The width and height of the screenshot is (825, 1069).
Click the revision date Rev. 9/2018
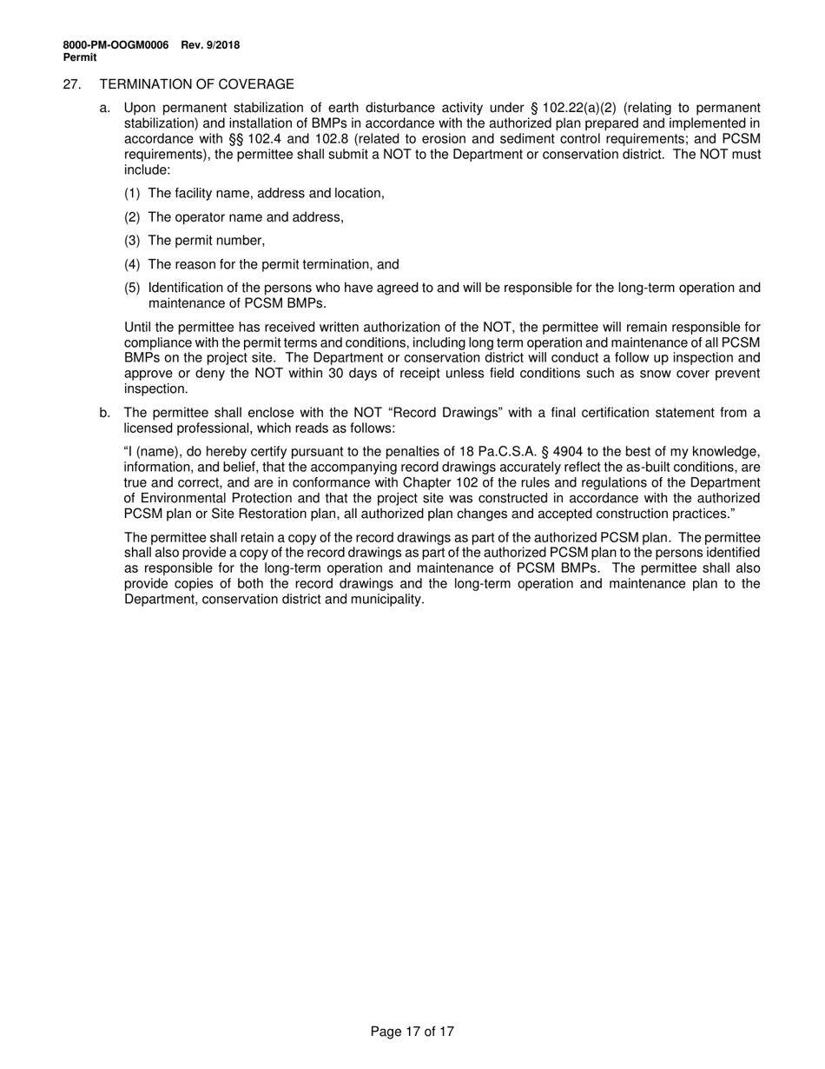coord(210,45)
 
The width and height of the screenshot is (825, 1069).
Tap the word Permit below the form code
coord(80,57)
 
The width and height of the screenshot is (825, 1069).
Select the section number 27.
coord(72,84)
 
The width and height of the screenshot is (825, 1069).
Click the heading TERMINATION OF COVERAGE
coord(197,84)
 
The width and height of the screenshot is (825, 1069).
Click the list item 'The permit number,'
coord(207,241)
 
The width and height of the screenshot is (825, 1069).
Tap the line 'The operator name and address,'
coord(246,217)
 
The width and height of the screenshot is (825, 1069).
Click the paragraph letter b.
coord(104,413)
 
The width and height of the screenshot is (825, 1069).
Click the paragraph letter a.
coord(104,108)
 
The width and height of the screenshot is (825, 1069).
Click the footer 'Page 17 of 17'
coord(412,1032)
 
